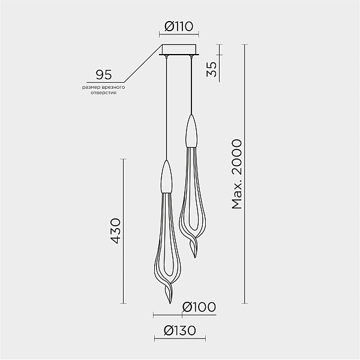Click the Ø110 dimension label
click(179, 26)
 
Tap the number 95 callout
click(104, 74)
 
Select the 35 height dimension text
click(211, 69)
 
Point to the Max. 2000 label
click(237, 174)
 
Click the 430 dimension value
click(115, 231)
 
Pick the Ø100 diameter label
click(199, 307)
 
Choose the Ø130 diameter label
click(180, 331)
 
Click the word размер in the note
click(89, 88)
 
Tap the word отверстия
click(103, 93)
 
